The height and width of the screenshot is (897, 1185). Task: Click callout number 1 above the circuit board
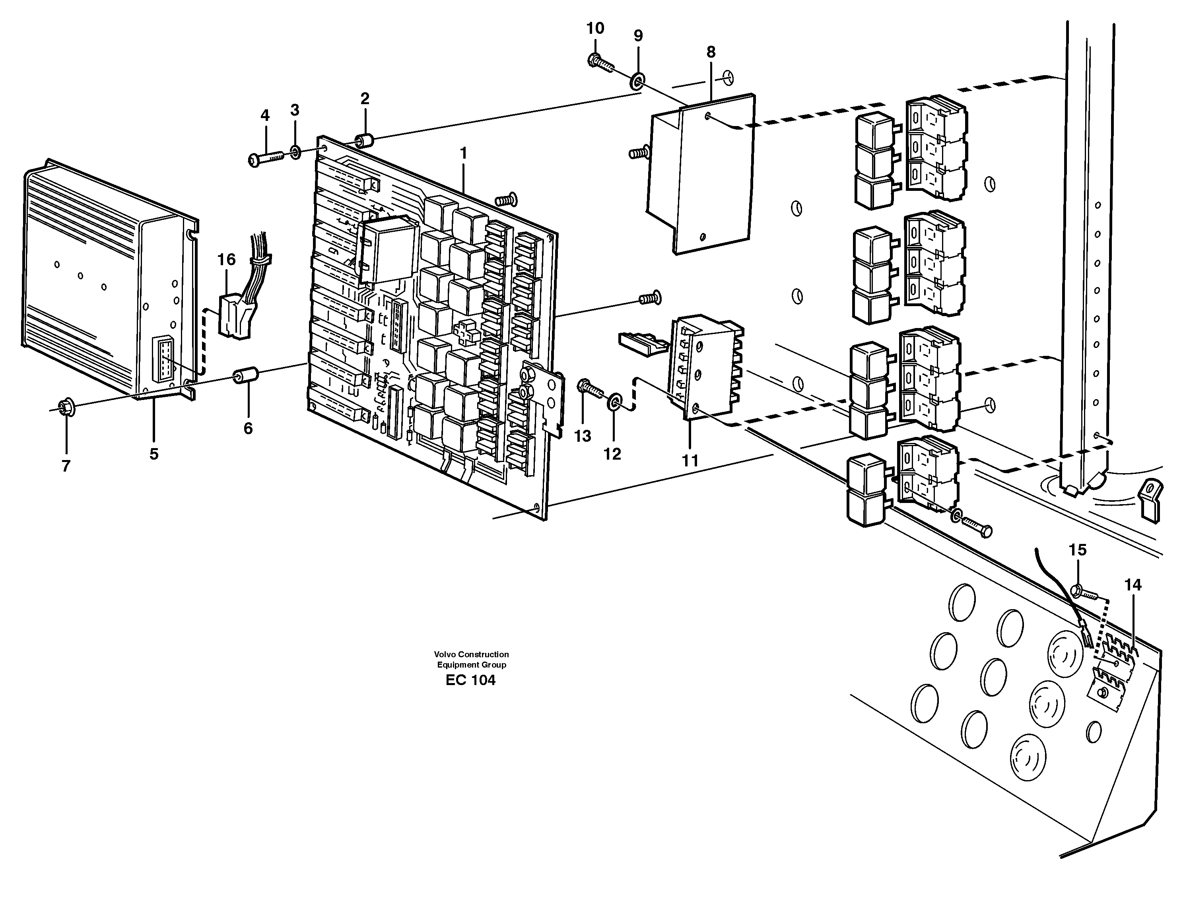[x=463, y=154]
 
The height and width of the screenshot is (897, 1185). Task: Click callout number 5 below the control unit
[x=154, y=454]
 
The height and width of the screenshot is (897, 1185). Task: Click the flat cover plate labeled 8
[x=713, y=177]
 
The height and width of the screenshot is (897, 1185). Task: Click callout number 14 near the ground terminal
[x=1133, y=585]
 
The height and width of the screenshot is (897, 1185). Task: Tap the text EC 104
[x=470, y=681]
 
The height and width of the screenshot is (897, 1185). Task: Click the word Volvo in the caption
[x=444, y=654]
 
